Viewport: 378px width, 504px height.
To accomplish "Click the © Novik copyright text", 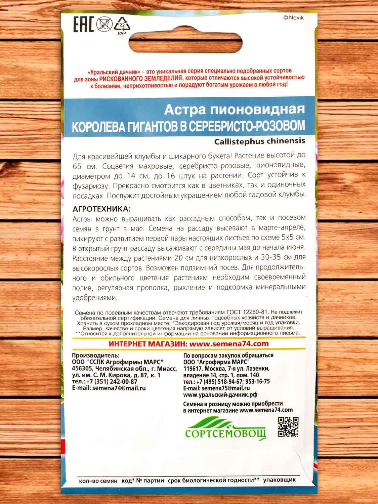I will tap(293, 18).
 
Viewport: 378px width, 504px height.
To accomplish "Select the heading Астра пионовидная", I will tap(234, 109).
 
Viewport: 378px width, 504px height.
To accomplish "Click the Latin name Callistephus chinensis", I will tap(259, 141).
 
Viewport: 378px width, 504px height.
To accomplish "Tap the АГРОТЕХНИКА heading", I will tap(100, 209).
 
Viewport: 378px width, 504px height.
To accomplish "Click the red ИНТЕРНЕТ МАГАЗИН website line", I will tap(189, 343).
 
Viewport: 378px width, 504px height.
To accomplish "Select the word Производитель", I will tap(95, 355).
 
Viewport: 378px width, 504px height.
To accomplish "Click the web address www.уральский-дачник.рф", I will tap(220, 395).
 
